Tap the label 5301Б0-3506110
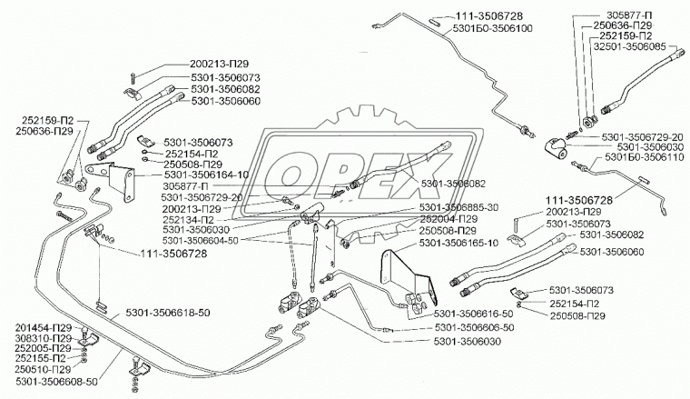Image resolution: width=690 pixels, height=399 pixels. [x=639, y=157]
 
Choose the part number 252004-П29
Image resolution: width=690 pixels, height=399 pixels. [x=449, y=219]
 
